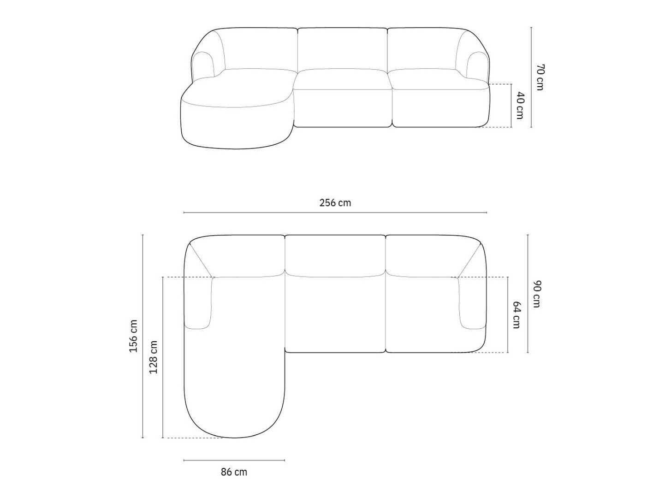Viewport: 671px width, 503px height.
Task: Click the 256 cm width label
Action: click(x=335, y=202)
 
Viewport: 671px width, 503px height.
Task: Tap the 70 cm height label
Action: click(x=540, y=77)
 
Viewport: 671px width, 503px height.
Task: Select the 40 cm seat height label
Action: click(x=519, y=106)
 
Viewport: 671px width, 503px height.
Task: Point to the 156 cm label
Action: click(x=134, y=336)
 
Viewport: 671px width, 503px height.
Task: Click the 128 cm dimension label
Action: click(x=153, y=357)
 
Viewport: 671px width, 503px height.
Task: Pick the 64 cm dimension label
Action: click(x=517, y=315)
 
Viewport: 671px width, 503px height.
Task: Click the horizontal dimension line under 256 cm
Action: click(x=335, y=213)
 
